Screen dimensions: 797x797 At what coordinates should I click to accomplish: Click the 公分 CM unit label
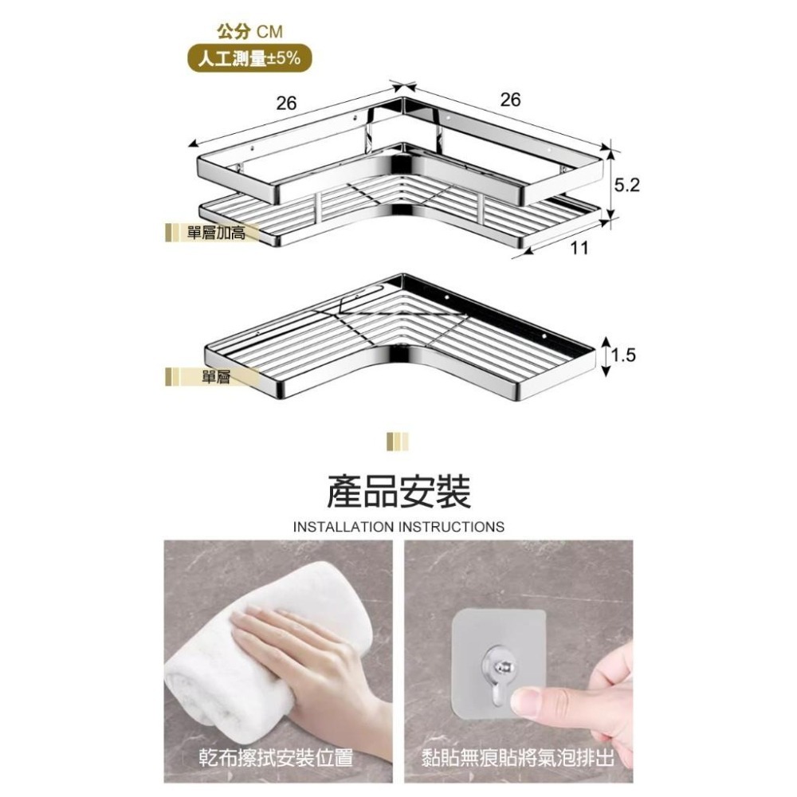click(x=249, y=31)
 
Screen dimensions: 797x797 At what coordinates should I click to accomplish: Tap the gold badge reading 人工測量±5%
click(x=249, y=57)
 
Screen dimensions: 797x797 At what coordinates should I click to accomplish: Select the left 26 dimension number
click(x=286, y=104)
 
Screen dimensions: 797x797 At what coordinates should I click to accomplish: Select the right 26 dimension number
click(x=510, y=100)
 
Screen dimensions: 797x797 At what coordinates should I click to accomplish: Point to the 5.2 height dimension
click(x=628, y=186)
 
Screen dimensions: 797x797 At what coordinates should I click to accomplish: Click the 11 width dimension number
click(x=579, y=248)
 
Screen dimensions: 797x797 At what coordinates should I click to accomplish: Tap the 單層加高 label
click(x=216, y=233)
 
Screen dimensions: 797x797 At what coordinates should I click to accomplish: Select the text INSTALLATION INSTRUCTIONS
click(x=398, y=527)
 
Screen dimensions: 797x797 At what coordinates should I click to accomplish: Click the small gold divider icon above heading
click(x=397, y=442)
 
